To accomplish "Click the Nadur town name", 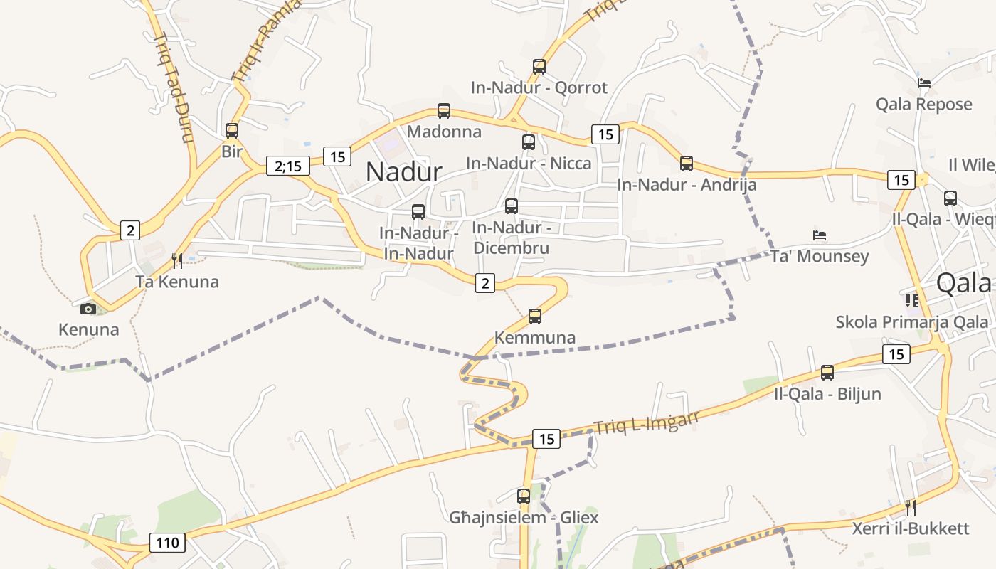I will point(403,171).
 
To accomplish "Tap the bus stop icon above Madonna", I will point(444,111).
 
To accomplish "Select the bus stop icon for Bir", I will point(232,131).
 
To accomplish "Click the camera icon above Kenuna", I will point(88,309).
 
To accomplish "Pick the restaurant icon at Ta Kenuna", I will point(177,261).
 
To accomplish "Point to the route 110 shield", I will point(167,543).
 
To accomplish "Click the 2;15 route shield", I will point(288,166).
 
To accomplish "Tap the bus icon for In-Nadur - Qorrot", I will point(539,67).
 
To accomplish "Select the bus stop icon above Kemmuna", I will point(535,317).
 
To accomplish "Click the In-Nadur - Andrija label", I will point(687,185).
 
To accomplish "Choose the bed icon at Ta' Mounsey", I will point(820,235).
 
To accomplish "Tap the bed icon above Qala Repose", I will point(924,83).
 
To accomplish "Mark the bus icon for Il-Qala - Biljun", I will point(827,372).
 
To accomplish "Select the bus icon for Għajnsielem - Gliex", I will point(524,496).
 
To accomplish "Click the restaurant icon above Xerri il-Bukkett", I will point(910,508).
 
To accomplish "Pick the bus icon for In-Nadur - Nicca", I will point(529,142).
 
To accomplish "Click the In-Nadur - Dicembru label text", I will point(511,238).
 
